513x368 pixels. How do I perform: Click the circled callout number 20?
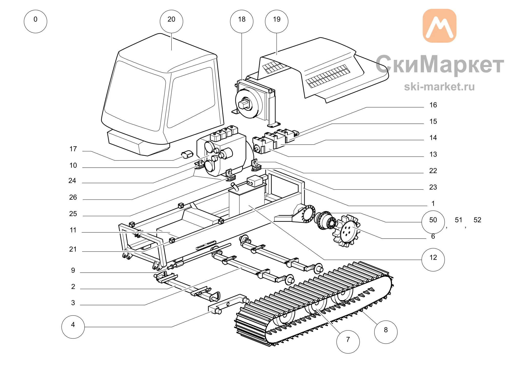(x=171, y=22)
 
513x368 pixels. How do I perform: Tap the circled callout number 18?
(x=242, y=22)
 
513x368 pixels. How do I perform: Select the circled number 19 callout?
(x=277, y=22)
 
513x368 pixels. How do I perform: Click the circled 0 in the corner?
(x=35, y=22)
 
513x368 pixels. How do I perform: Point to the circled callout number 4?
(x=73, y=327)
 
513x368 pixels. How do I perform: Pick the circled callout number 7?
(x=348, y=342)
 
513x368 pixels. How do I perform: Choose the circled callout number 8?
(x=386, y=332)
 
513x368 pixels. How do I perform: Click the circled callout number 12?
(x=433, y=260)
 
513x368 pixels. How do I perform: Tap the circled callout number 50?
(x=433, y=222)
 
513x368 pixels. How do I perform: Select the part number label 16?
(x=433, y=105)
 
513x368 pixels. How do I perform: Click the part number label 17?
(x=73, y=149)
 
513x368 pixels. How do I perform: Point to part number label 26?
(x=73, y=197)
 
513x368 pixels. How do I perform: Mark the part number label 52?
(x=477, y=220)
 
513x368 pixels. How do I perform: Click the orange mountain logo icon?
(x=439, y=26)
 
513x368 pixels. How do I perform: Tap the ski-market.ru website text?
(x=439, y=87)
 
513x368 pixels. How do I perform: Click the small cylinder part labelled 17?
(x=187, y=154)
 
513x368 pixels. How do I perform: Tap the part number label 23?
(x=433, y=187)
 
